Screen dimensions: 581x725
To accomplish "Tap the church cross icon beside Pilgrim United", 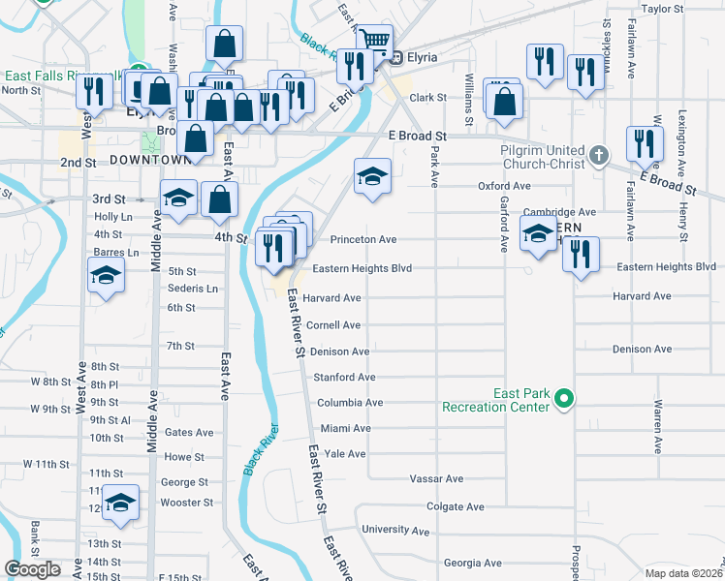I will (600, 154).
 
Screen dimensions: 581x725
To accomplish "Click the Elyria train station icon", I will (395, 57).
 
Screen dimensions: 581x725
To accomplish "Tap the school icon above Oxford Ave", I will (371, 177).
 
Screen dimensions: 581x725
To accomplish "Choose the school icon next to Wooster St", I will (120, 504).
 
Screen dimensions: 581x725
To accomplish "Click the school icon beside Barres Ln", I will (106, 277).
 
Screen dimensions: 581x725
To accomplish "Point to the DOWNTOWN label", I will (150, 159).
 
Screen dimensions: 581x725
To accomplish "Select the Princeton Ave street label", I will (363, 239).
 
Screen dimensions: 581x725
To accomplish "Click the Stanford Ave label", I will (343, 377).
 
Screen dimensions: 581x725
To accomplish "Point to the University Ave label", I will (394, 530).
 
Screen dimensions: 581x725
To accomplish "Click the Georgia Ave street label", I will (472, 563).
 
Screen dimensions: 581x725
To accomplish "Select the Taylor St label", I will (663, 9).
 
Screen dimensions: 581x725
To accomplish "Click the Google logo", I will (33, 568).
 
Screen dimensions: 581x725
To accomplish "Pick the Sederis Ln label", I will (193, 289).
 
